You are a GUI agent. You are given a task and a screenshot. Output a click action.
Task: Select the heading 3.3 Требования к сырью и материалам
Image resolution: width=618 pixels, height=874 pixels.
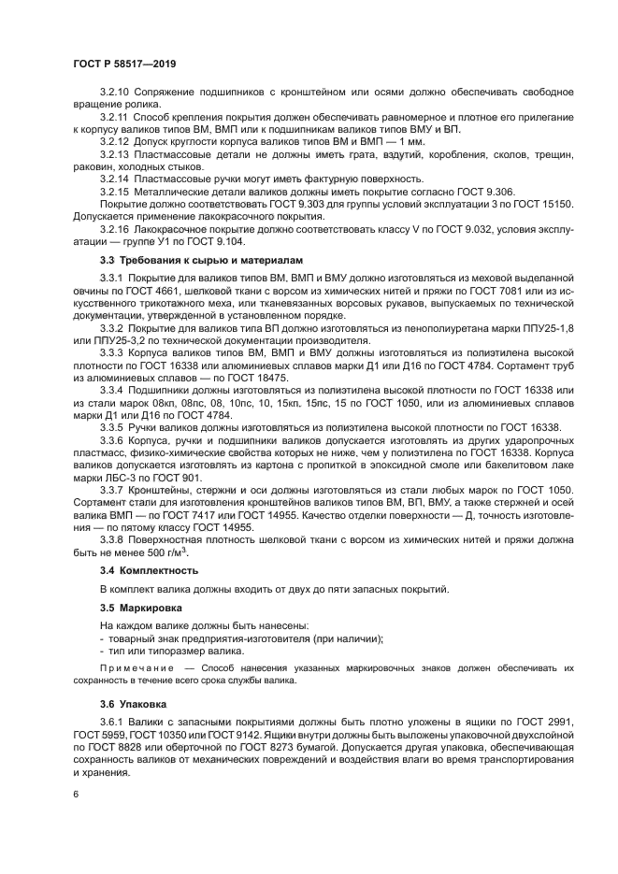(x=201, y=259)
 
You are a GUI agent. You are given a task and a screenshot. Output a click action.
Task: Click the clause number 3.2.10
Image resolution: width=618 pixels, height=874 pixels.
(x=116, y=92)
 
